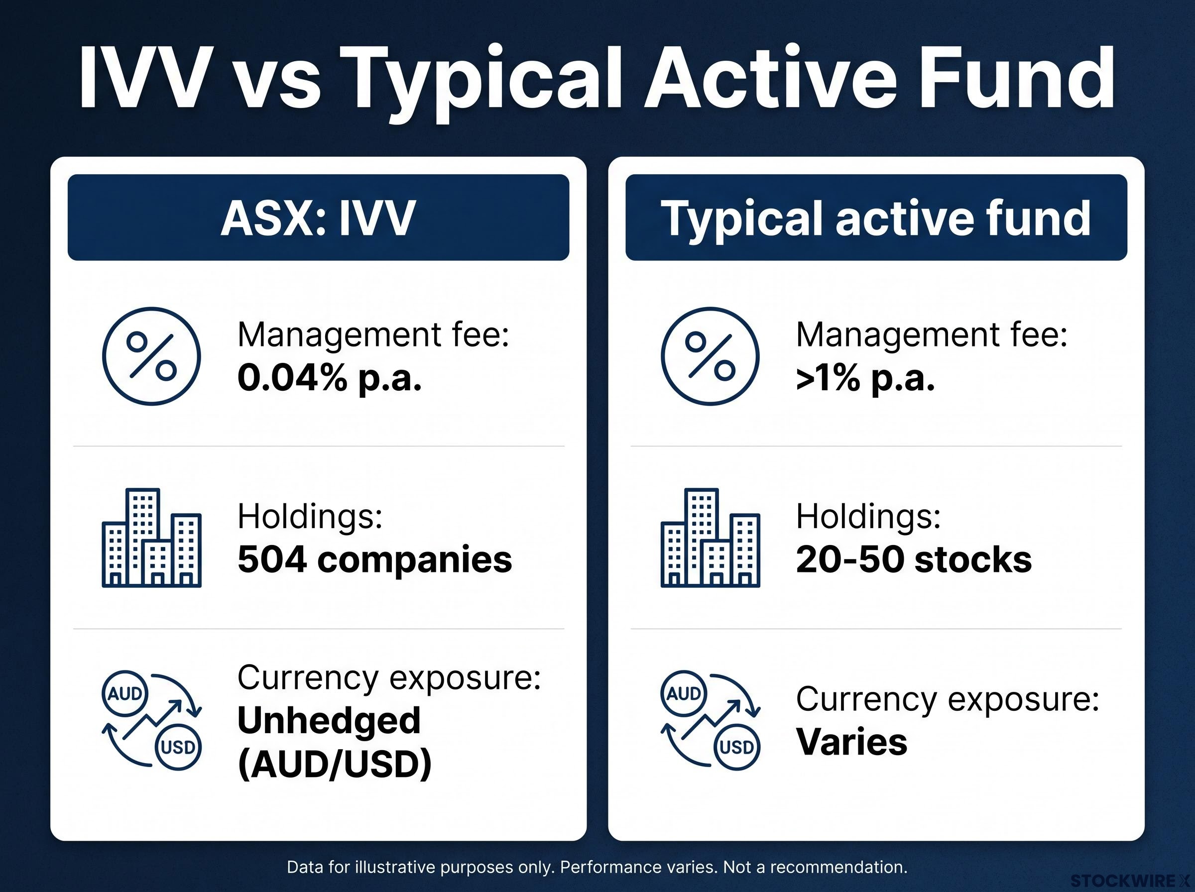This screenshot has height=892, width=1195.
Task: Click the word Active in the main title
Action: coord(772,78)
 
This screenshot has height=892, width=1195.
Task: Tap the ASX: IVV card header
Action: coord(318,217)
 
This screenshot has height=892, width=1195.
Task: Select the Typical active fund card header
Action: coord(876,217)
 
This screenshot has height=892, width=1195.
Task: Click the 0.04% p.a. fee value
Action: coord(330,377)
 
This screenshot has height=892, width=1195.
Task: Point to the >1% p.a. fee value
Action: coord(865,377)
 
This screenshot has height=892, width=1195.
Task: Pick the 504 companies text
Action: coord(374,559)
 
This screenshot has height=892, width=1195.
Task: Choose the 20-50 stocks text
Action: coord(914,559)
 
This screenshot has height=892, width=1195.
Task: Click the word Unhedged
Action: coord(329,720)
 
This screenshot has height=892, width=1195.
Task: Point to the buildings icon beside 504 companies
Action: coord(152,538)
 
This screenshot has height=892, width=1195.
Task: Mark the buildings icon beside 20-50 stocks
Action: coord(710,538)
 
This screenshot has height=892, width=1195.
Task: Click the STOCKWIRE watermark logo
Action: coord(1131,881)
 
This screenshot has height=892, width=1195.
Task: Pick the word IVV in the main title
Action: coord(143,78)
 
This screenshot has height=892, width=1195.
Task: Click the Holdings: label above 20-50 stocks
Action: coord(868,516)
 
